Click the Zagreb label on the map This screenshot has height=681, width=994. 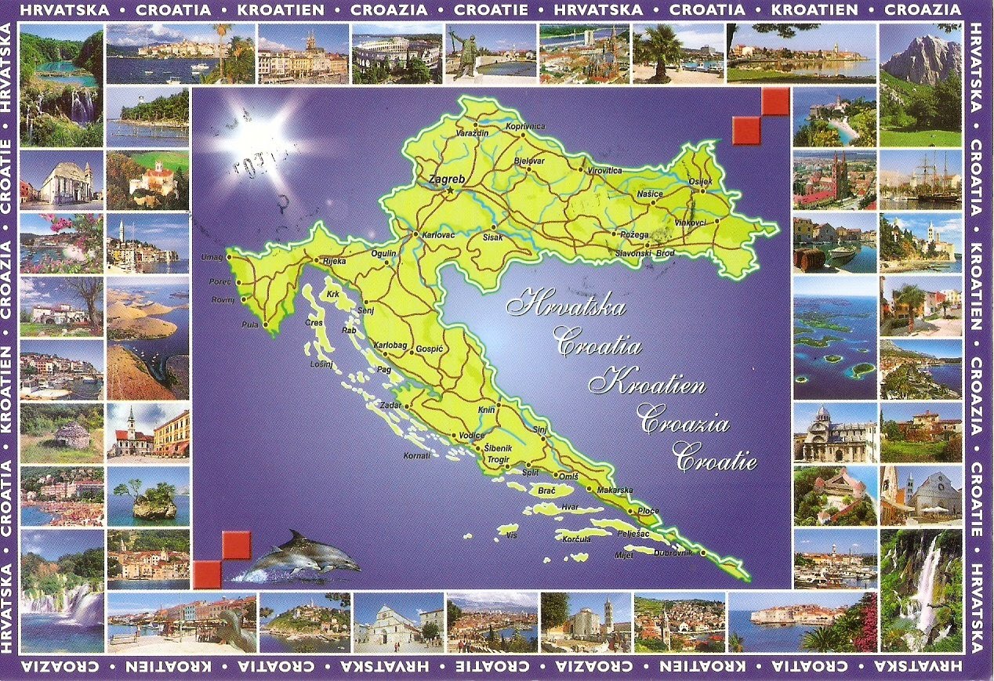[447, 179]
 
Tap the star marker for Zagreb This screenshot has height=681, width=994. [451, 190]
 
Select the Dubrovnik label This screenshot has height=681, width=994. [673, 553]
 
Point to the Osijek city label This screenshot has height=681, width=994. [700, 183]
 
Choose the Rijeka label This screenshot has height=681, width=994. [329, 262]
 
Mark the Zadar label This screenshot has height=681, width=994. [390, 406]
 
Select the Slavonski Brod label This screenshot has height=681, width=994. [644, 253]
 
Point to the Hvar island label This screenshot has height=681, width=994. [570, 508]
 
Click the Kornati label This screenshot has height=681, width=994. [416, 455]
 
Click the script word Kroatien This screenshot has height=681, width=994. [648, 385]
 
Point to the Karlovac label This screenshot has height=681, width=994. [439, 235]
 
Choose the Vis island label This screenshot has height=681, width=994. [512, 535]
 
